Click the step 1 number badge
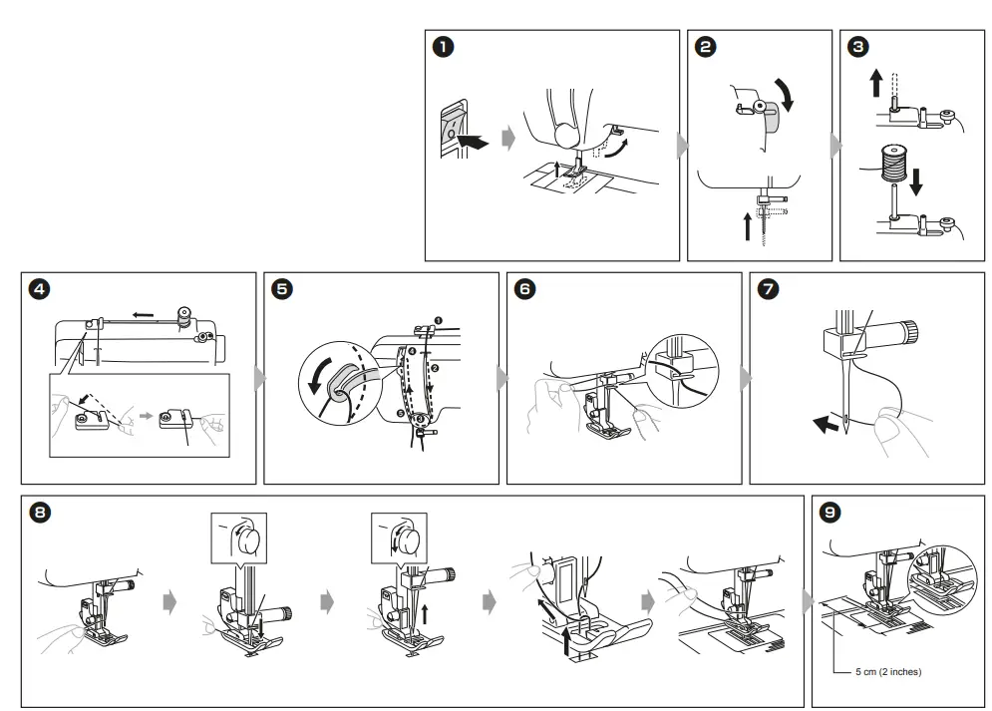point(442,46)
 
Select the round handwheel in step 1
point(565,133)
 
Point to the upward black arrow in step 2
point(748,226)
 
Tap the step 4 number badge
point(38,289)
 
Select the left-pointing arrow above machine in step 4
point(143,314)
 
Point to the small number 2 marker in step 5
point(436,368)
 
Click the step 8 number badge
point(38,513)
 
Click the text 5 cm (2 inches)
point(888,672)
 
